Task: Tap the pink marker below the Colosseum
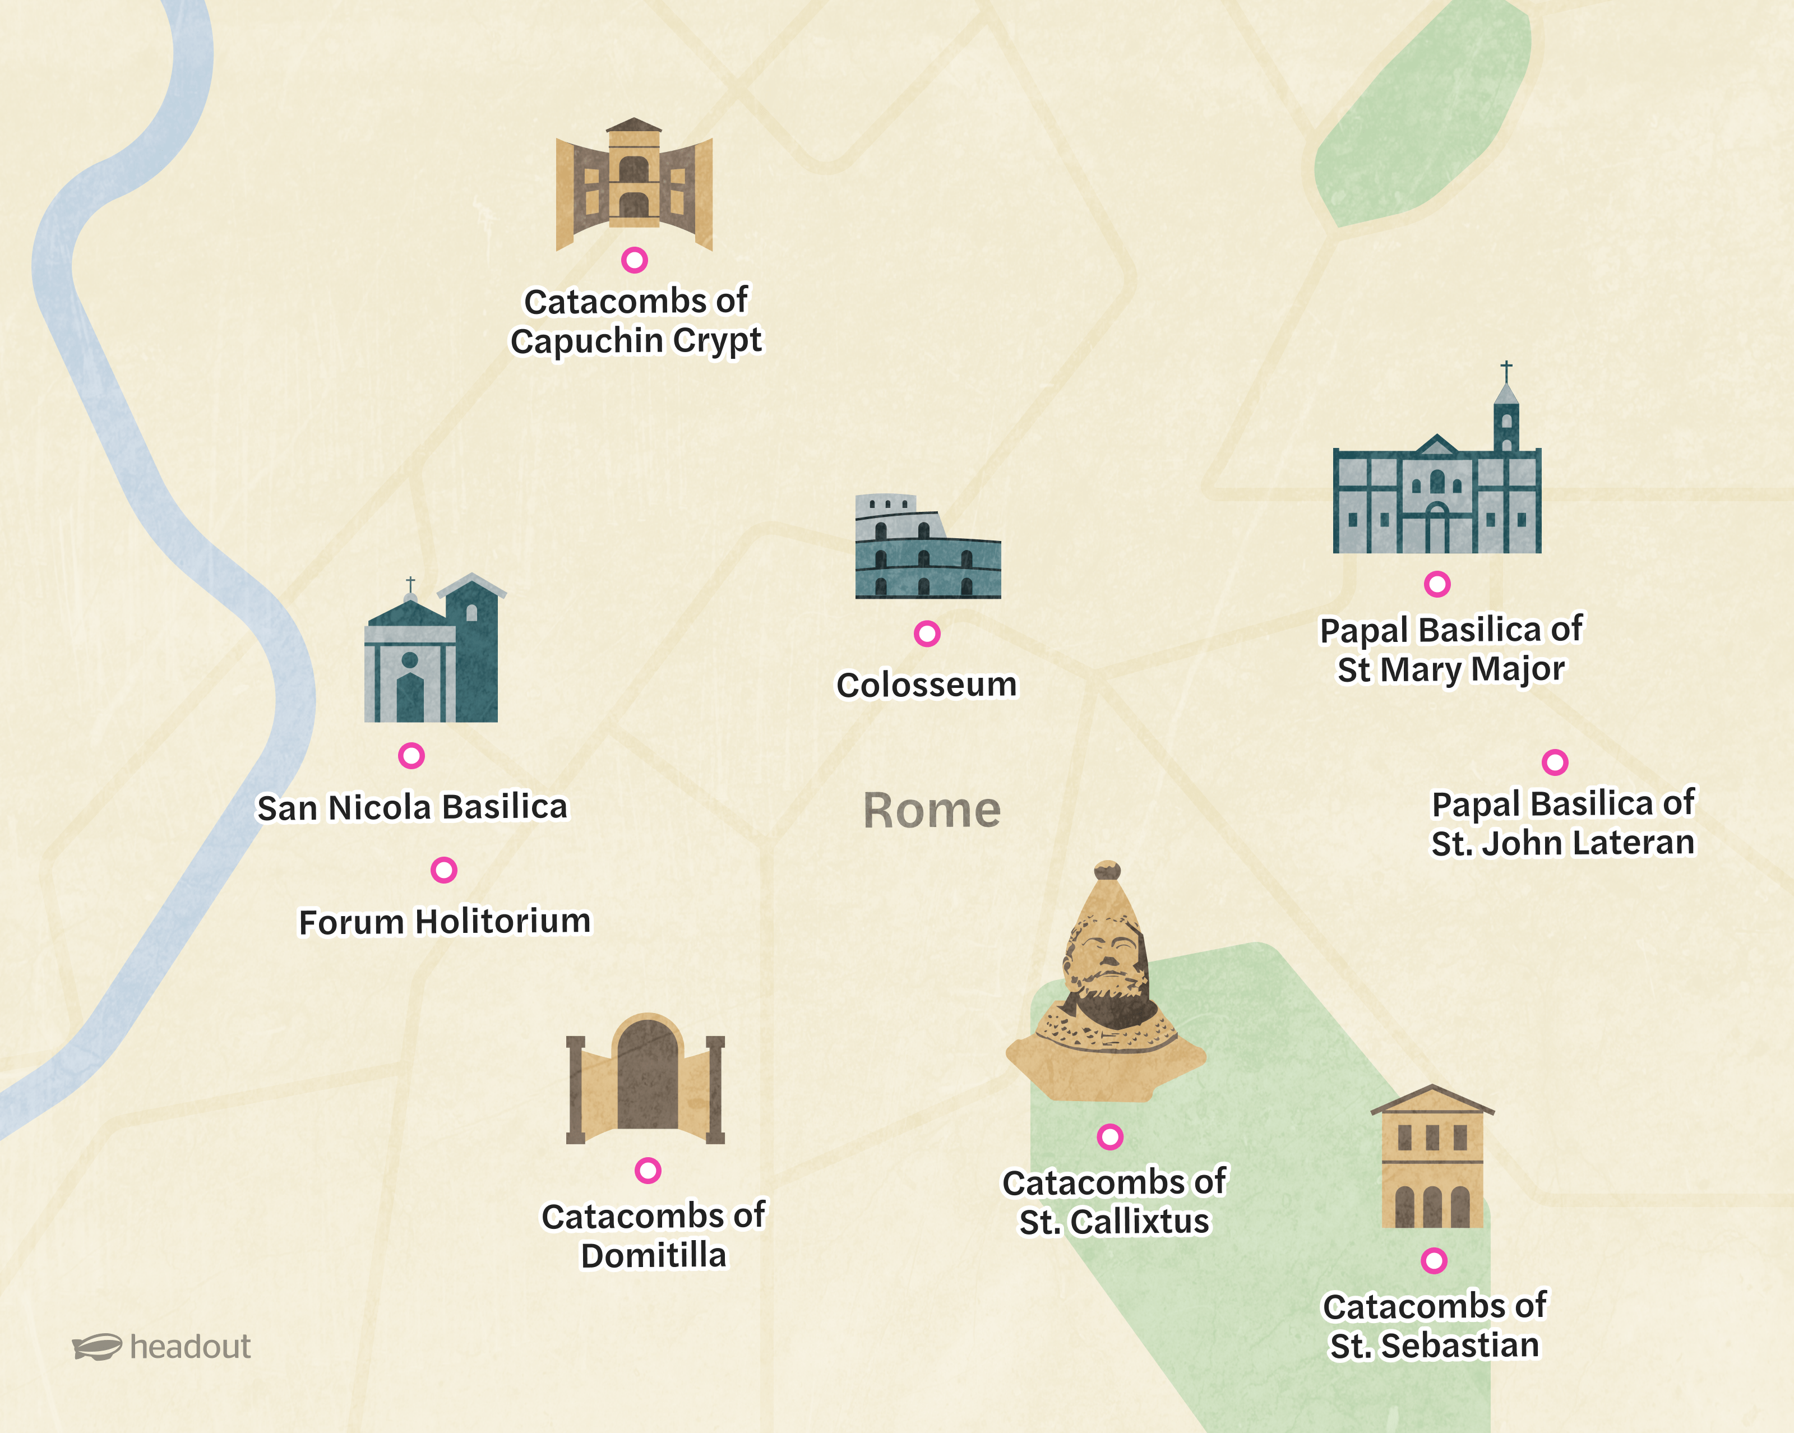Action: coord(927,634)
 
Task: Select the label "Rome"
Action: coord(932,811)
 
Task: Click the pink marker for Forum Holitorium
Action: coord(443,871)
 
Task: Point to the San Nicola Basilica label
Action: coord(412,807)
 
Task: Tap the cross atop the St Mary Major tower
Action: coord(1506,369)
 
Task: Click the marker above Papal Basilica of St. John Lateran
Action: coord(1555,762)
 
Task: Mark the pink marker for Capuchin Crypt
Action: coord(634,261)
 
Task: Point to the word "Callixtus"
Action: coord(1140,1222)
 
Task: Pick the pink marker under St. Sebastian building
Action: coord(1434,1261)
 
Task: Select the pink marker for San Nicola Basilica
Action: coord(411,756)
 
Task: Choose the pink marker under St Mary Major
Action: coord(1437,584)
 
